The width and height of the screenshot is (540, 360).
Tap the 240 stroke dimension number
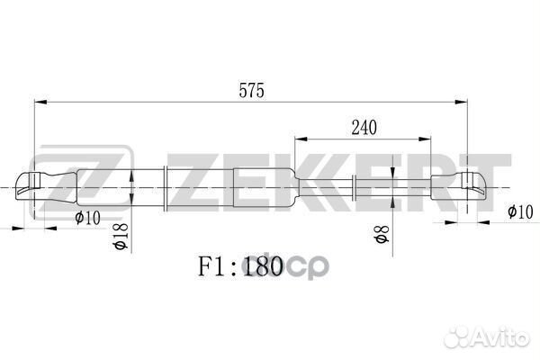364,128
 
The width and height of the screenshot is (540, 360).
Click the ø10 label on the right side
520,211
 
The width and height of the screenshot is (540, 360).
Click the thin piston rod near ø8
396,187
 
